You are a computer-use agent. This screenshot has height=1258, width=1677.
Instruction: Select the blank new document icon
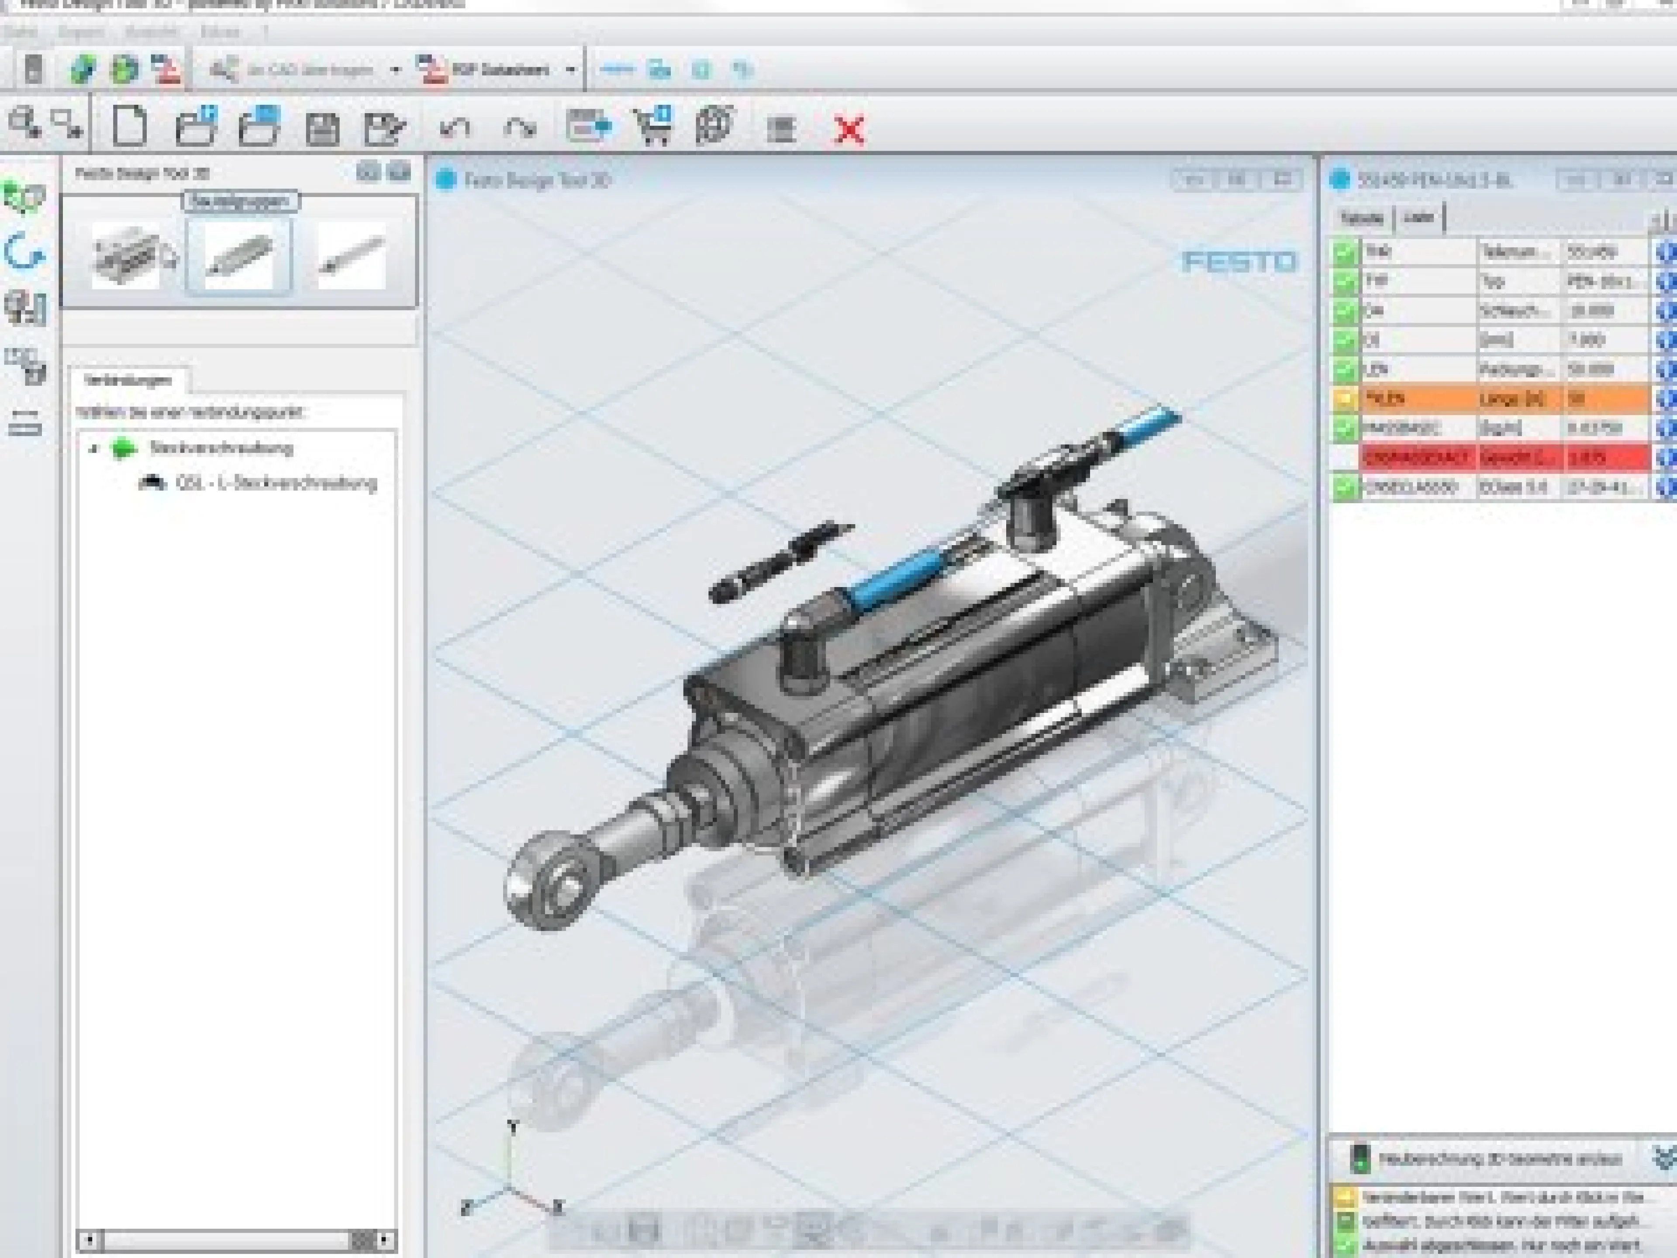[130, 126]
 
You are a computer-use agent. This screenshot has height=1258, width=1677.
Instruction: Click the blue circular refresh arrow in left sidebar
[24, 251]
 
